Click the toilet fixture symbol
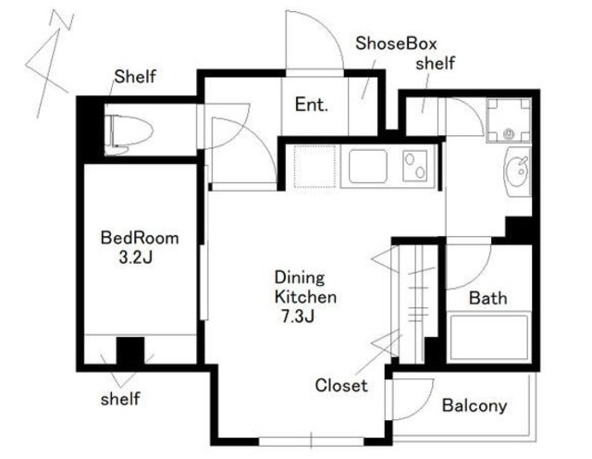click(129, 135)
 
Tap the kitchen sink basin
click(368, 167)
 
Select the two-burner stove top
click(415, 167)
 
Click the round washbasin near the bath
click(518, 172)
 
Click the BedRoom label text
click(140, 239)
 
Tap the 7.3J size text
click(298, 316)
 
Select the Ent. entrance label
click(312, 105)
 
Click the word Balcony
click(475, 405)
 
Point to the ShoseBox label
click(396, 43)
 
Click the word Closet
click(341, 386)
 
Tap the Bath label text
click(488, 298)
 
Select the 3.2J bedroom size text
click(136, 258)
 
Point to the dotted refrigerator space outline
click(314, 167)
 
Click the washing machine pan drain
click(509, 133)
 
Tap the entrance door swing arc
click(327, 31)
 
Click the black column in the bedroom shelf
click(130, 351)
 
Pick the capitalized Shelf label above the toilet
click(135, 77)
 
